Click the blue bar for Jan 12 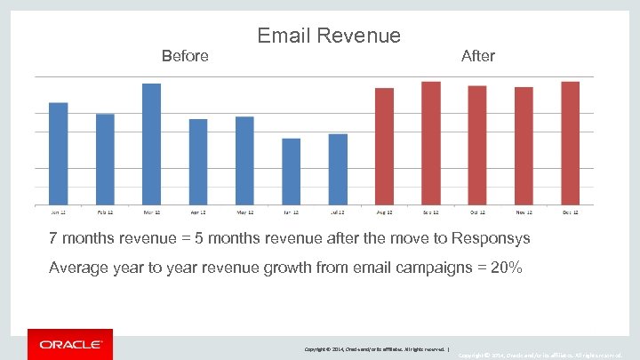[59, 154]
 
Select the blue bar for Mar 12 [152, 144]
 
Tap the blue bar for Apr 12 [198, 162]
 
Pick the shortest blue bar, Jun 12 [292, 172]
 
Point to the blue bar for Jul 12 [338, 169]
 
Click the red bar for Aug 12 [384, 147]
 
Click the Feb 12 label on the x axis [105, 212]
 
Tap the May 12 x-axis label [244, 212]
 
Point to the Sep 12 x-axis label [431, 212]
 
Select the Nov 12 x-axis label [524, 212]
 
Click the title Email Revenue [329, 36]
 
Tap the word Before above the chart [185, 56]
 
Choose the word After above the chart [478, 56]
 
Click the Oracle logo [70, 344]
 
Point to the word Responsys [491, 239]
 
